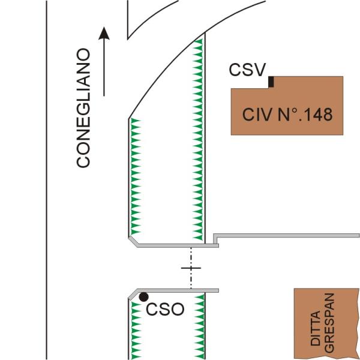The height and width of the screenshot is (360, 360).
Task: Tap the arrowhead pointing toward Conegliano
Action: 105,34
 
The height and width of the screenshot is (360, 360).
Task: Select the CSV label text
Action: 247,70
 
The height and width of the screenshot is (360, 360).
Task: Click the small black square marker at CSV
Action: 271,82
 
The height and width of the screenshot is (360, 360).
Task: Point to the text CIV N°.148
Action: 287,115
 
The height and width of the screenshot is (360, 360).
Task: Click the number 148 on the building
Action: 318,115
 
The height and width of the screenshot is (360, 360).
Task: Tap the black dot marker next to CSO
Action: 143,296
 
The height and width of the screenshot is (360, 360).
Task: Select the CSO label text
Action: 165,310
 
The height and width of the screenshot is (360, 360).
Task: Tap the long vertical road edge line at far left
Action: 47,180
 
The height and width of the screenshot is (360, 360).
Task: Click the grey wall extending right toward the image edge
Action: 288,235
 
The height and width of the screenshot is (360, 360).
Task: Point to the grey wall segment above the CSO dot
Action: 174,290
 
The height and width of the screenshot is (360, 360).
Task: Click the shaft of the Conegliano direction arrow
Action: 105,66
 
